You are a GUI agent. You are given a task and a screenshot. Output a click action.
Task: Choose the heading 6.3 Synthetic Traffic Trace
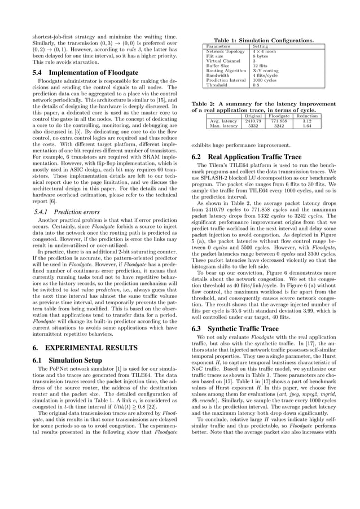click(x=235, y=328)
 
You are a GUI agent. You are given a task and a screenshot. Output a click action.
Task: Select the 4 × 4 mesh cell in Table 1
click(x=265, y=51)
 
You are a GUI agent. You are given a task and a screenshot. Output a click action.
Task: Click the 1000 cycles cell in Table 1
click(x=266, y=80)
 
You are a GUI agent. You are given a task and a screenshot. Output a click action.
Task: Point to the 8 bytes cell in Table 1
click(x=261, y=56)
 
